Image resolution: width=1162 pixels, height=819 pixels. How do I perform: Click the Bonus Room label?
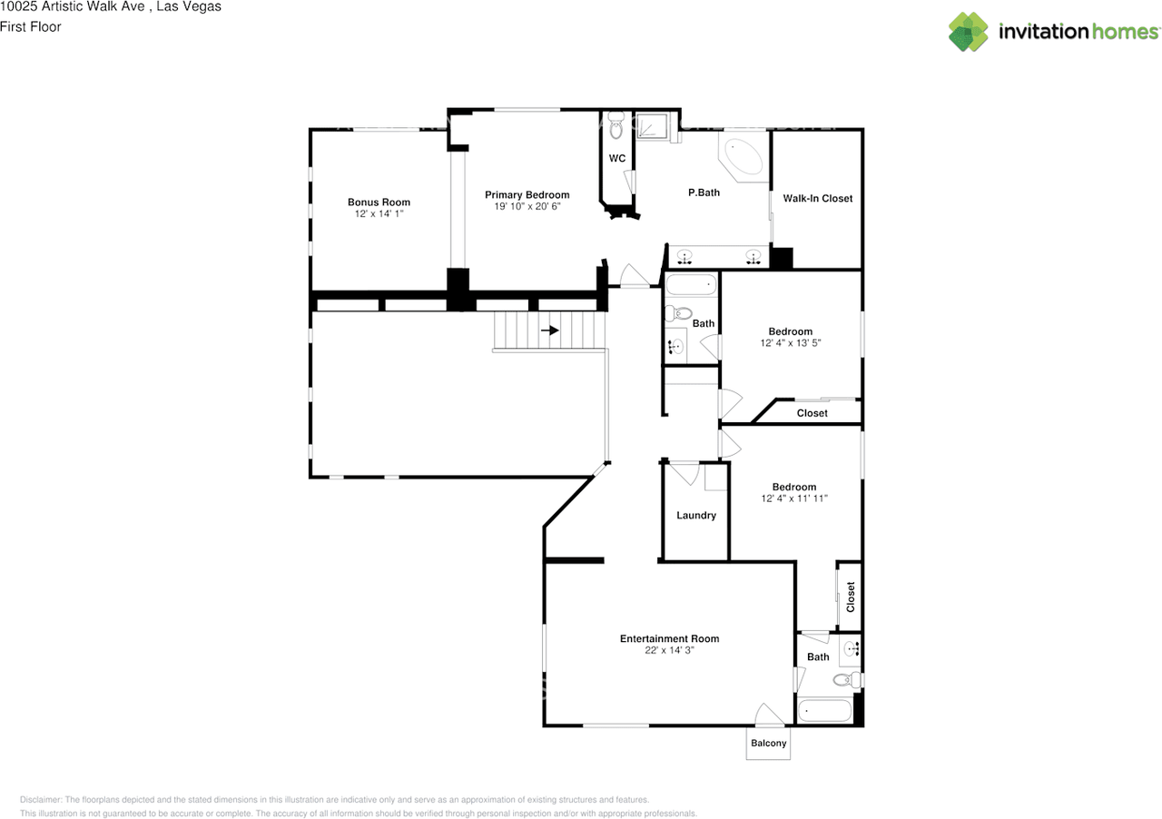click(x=379, y=202)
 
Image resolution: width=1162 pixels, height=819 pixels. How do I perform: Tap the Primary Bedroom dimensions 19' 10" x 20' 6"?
click(x=527, y=207)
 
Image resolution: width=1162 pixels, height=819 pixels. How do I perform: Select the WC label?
click(x=616, y=158)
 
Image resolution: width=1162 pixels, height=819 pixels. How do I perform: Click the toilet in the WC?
click(x=616, y=124)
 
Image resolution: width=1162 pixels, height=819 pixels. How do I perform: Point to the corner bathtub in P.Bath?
click(x=743, y=156)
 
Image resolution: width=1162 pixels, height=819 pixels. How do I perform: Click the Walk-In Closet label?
click(x=818, y=198)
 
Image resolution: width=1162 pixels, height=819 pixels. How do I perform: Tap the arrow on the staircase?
click(x=550, y=331)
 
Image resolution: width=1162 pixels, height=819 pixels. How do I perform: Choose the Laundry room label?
click(x=696, y=516)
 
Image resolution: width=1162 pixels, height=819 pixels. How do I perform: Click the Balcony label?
click(x=768, y=744)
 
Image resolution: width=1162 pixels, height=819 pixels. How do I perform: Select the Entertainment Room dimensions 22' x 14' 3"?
click(x=669, y=650)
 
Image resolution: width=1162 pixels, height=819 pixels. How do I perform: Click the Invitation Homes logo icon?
click(x=968, y=32)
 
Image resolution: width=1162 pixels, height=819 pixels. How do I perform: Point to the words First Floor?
click(x=31, y=26)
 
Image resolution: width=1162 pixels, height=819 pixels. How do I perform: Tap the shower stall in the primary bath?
click(x=652, y=125)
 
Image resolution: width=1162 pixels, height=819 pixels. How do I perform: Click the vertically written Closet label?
click(x=851, y=597)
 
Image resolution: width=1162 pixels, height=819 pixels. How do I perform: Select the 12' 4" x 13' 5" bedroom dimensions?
click(x=790, y=343)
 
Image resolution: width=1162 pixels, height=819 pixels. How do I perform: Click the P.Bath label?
click(x=704, y=192)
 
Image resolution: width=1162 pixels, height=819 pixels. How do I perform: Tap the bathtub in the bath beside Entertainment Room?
click(x=825, y=711)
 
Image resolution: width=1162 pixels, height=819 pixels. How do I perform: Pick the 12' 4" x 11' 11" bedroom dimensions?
click(x=794, y=498)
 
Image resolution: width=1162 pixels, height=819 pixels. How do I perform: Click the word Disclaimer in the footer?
click(x=41, y=800)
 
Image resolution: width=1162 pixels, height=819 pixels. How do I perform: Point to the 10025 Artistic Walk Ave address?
click(x=72, y=6)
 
